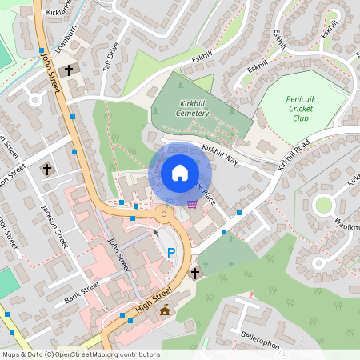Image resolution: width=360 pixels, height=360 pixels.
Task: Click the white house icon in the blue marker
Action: click(179, 173)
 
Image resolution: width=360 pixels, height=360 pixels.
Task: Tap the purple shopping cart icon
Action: click(191, 203)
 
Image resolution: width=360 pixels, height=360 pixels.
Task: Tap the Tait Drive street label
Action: click(110, 58)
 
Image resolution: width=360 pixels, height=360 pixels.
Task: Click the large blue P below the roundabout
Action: click(170, 254)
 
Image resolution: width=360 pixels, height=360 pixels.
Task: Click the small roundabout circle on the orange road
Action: click(164, 214)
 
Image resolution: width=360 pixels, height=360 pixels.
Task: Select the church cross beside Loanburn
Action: click(68, 70)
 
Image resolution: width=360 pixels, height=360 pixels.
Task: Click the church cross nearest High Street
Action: click(194, 274)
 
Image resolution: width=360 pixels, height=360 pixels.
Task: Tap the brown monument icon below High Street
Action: click(165, 310)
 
